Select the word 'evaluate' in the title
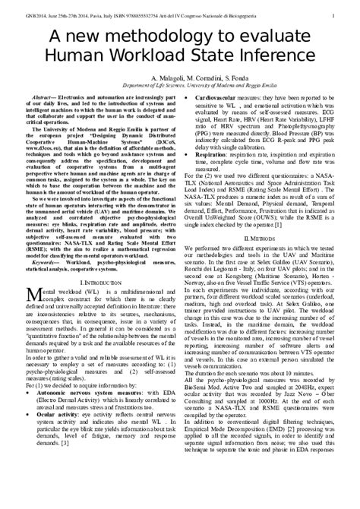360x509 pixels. pyautogui.click(x=286, y=37)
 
